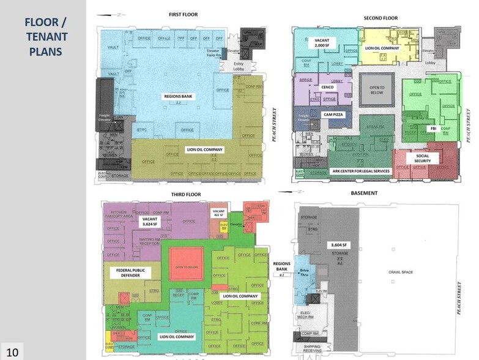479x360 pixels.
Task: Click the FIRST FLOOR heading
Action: pos(184,14)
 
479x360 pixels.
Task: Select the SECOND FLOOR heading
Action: pos(381,18)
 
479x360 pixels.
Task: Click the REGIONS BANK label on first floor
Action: pos(177,96)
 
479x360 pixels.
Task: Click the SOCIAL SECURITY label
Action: pos(423,159)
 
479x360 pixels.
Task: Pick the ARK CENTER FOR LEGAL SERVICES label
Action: pos(361,171)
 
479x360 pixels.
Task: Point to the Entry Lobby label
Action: pos(239,67)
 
